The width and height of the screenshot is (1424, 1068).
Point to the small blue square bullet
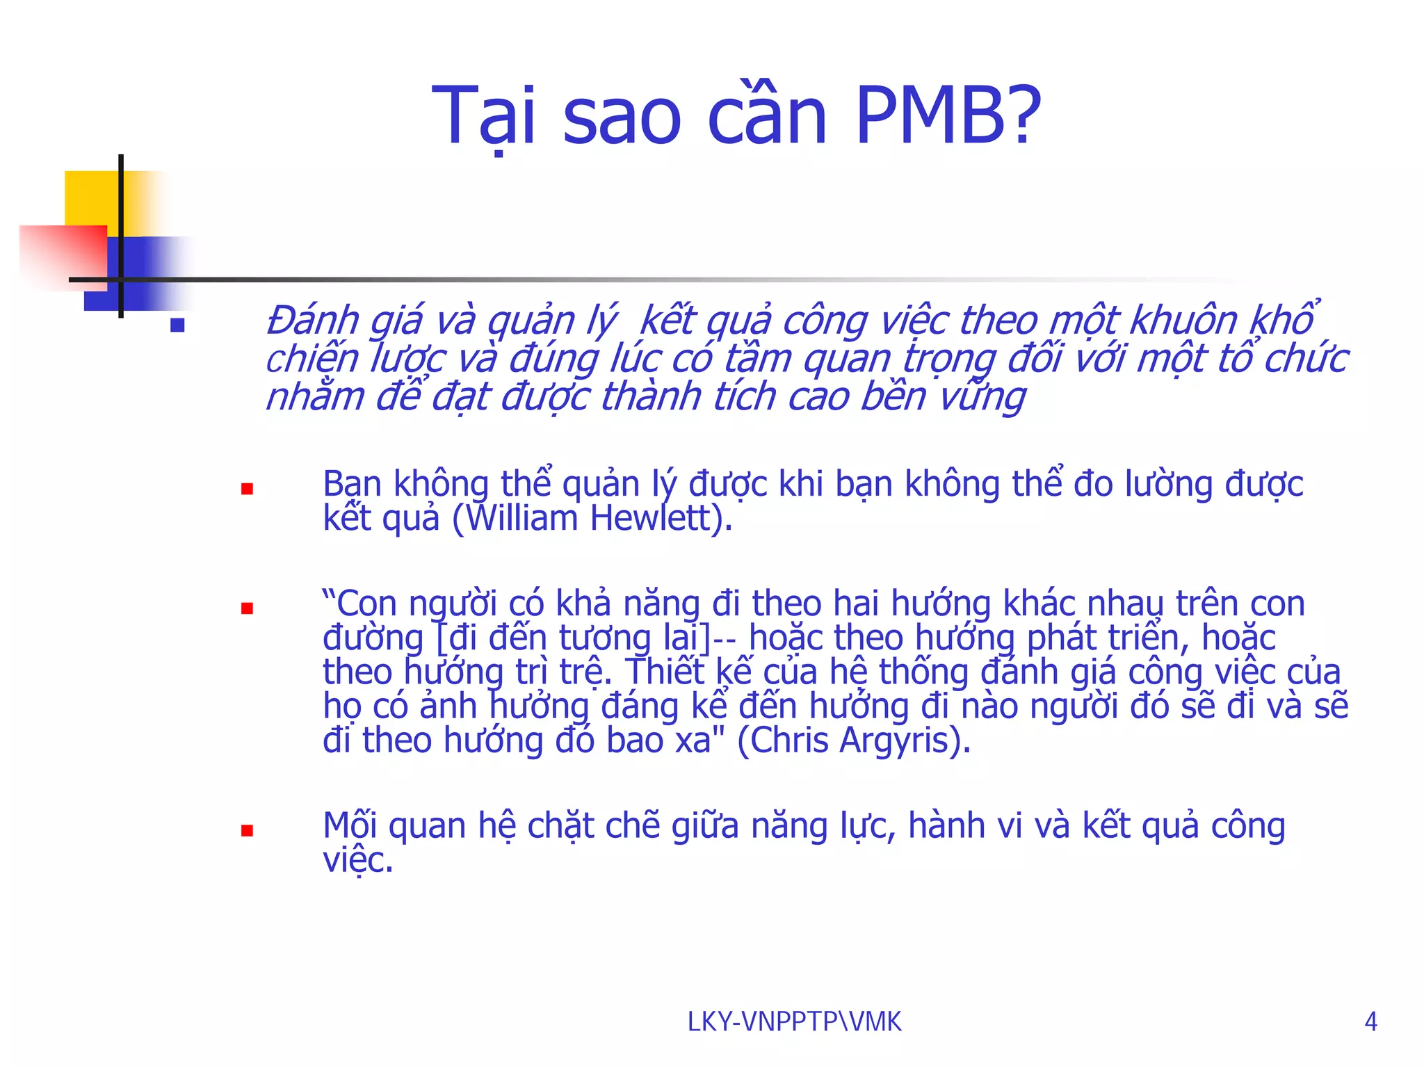[x=177, y=325]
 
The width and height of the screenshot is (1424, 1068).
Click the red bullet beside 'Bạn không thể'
[x=247, y=489]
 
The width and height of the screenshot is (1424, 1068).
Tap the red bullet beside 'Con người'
[x=247, y=608]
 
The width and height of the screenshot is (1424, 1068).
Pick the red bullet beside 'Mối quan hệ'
[x=247, y=830]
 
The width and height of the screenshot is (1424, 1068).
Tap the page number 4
[x=1370, y=1021]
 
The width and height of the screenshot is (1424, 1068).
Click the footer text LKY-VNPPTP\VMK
[x=794, y=1021]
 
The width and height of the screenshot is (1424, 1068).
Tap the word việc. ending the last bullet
[x=358, y=861]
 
